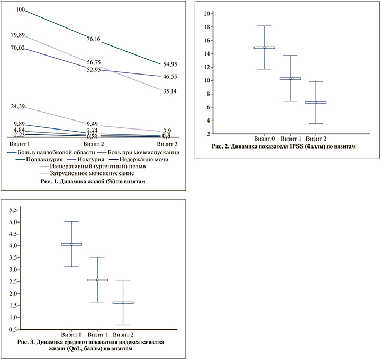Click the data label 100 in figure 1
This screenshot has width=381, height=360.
tap(21, 10)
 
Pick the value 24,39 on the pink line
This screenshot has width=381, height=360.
tap(19, 107)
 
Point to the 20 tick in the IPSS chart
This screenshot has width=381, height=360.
tap(209, 13)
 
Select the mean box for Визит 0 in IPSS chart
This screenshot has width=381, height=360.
tap(264, 48)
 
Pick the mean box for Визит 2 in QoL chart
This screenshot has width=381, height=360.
tap(123, 303)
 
